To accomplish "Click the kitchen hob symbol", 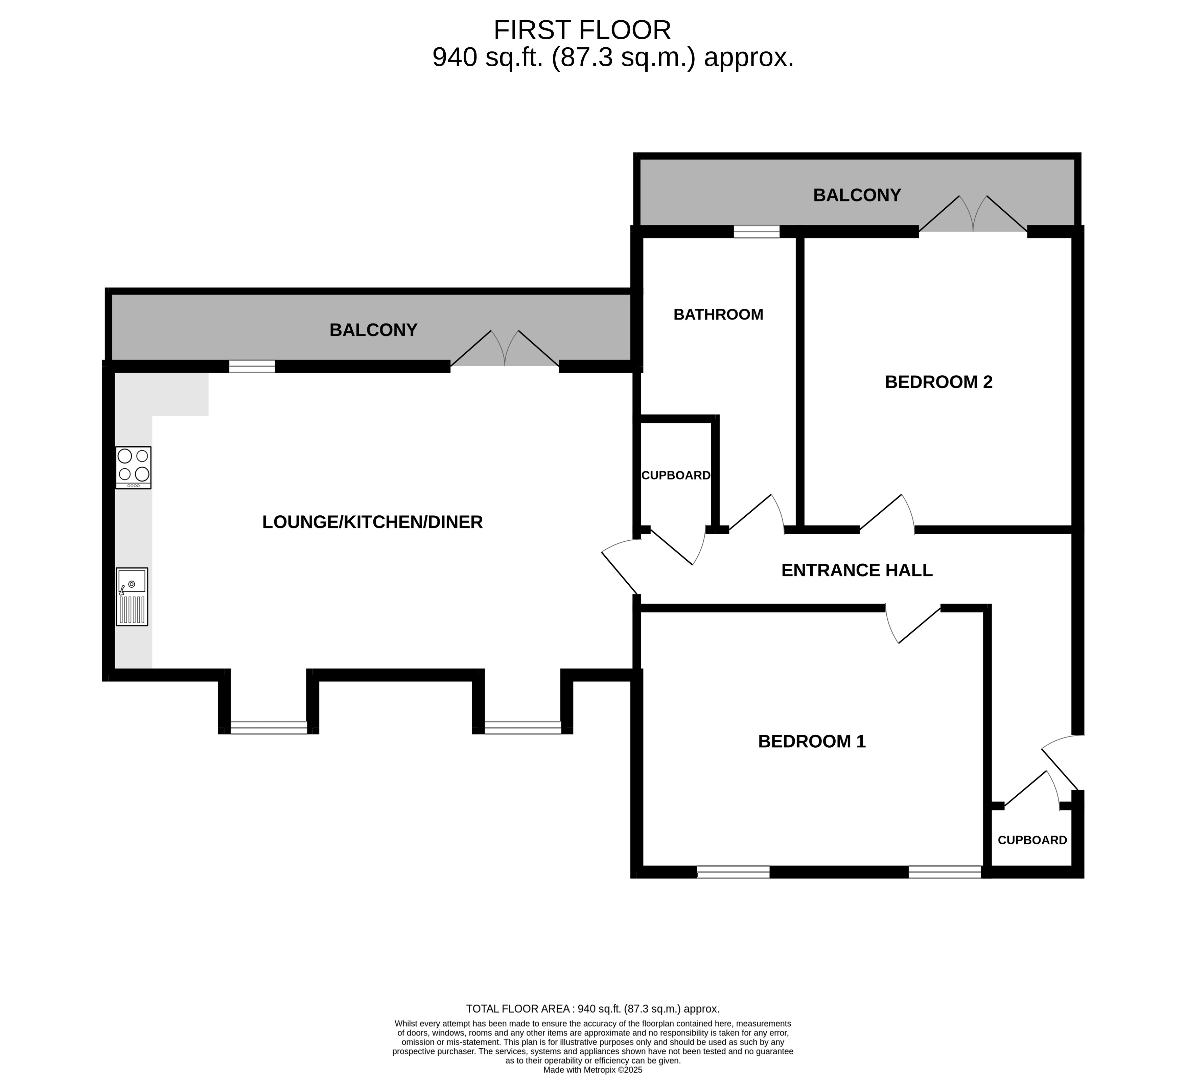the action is (x=134, y=468).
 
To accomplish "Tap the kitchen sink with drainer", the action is (x=132, y=597).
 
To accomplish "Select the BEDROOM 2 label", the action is (x=939, y=382).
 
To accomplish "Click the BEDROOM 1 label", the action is (x=812, y=741).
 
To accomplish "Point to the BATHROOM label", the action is (x=718, y=315).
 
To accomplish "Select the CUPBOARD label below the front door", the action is (x=1032, y=840).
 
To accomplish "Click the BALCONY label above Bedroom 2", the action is (x=857, y=195).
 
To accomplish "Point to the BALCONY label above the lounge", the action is (x=374, y=330).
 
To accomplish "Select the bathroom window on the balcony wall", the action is (x=757, y=232).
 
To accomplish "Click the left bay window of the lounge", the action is (x=269, y=727).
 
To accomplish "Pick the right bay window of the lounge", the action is (x=523, y=727).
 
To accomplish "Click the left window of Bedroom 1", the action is (x=733, y=872).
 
